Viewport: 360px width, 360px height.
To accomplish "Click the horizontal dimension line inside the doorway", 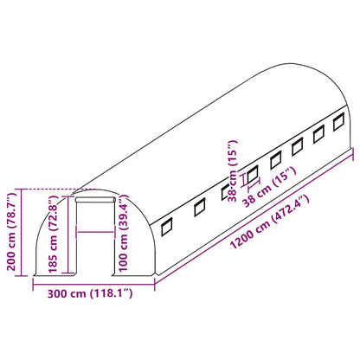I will [95, 232].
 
